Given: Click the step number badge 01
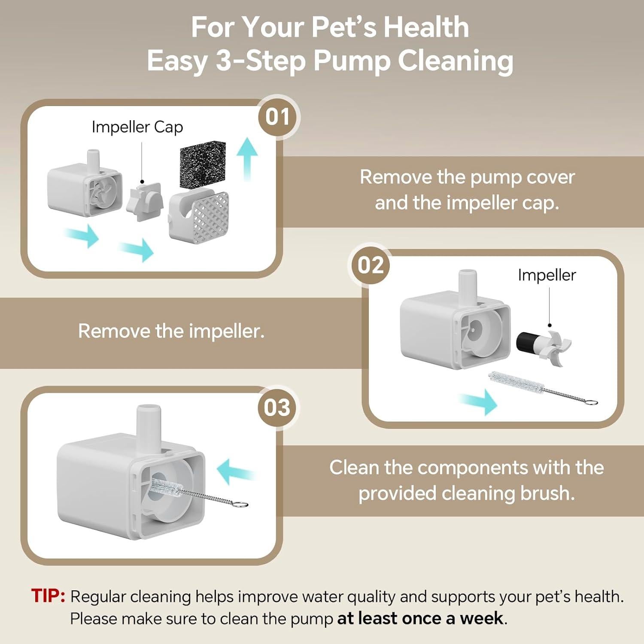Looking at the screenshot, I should click(278, 117).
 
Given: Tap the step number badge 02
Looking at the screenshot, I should click(371, 265).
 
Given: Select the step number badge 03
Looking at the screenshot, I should click(277, 407).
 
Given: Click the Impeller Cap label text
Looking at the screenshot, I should click(137, 127).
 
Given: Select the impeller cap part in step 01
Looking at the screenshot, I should click(145, 202).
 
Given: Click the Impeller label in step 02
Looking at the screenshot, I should click(547, 275).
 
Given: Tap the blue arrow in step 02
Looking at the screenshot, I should click(480, 402).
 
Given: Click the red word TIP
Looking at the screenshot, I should click(48, 596).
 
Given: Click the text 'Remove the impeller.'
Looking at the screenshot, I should click(171, 331).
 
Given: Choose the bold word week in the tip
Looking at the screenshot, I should click(481, 618).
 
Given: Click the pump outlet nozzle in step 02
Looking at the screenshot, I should click(468, 286).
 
